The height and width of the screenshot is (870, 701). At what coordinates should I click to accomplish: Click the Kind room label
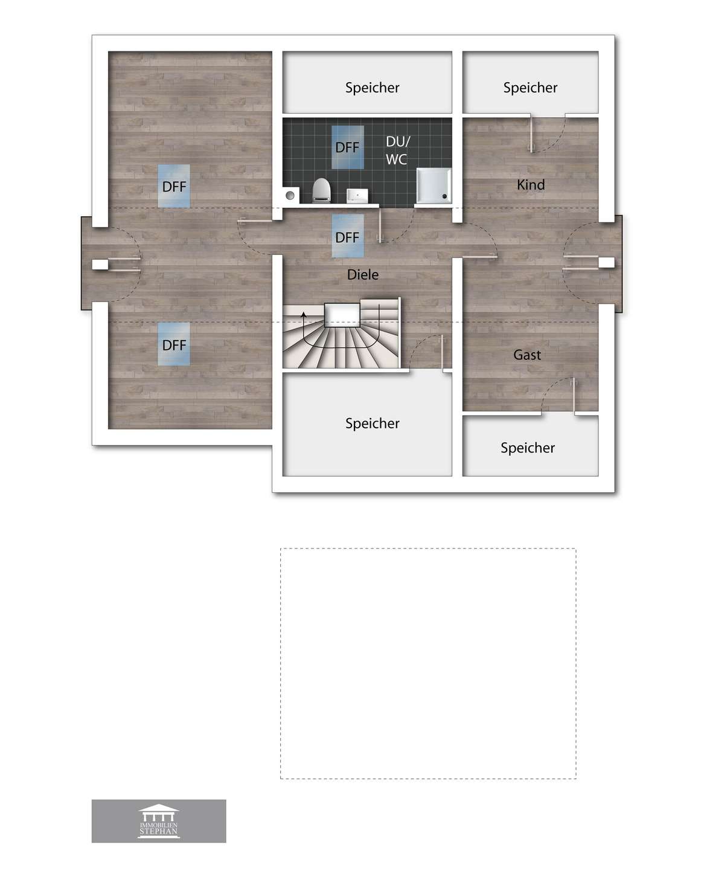coord(531,185)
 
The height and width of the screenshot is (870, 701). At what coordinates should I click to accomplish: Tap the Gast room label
coord(527,355)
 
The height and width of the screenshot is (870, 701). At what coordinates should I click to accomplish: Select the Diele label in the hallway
coord(363,274)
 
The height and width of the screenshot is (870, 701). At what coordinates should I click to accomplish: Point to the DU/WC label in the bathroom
coord(397,150)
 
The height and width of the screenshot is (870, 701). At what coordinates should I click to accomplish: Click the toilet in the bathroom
coord(322,190)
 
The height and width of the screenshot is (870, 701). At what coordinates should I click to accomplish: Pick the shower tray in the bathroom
coord(434,184)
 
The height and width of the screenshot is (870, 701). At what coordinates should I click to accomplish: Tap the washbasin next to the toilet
coord(357,196)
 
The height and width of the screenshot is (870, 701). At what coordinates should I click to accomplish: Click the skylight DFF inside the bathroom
coord(347,147)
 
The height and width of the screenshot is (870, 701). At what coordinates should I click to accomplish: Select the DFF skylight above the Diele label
coord(347,236)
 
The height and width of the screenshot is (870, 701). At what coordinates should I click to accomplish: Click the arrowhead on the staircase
coord(304,314)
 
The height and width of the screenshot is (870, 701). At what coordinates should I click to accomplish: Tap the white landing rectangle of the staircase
coord(342,315)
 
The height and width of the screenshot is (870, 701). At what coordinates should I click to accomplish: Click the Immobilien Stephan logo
coord(159,821)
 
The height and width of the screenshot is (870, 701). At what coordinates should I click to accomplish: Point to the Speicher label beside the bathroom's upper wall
coord(372,88)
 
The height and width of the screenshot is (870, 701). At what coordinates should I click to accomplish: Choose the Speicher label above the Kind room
coord(530,88)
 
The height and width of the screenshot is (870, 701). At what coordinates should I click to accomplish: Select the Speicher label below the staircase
coord(372,423)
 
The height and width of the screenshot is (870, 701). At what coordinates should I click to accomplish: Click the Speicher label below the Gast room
coord(527,448)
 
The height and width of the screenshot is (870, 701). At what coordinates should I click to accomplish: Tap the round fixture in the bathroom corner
coord(290,195)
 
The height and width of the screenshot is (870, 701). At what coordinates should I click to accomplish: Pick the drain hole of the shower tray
coord(445,196)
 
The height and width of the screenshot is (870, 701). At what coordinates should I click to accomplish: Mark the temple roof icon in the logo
coord(159,811)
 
